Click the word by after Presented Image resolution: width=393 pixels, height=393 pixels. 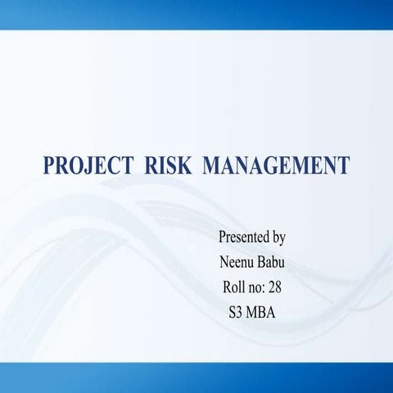coord(278,239)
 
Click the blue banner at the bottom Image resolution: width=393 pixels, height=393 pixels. coord(196,377)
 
